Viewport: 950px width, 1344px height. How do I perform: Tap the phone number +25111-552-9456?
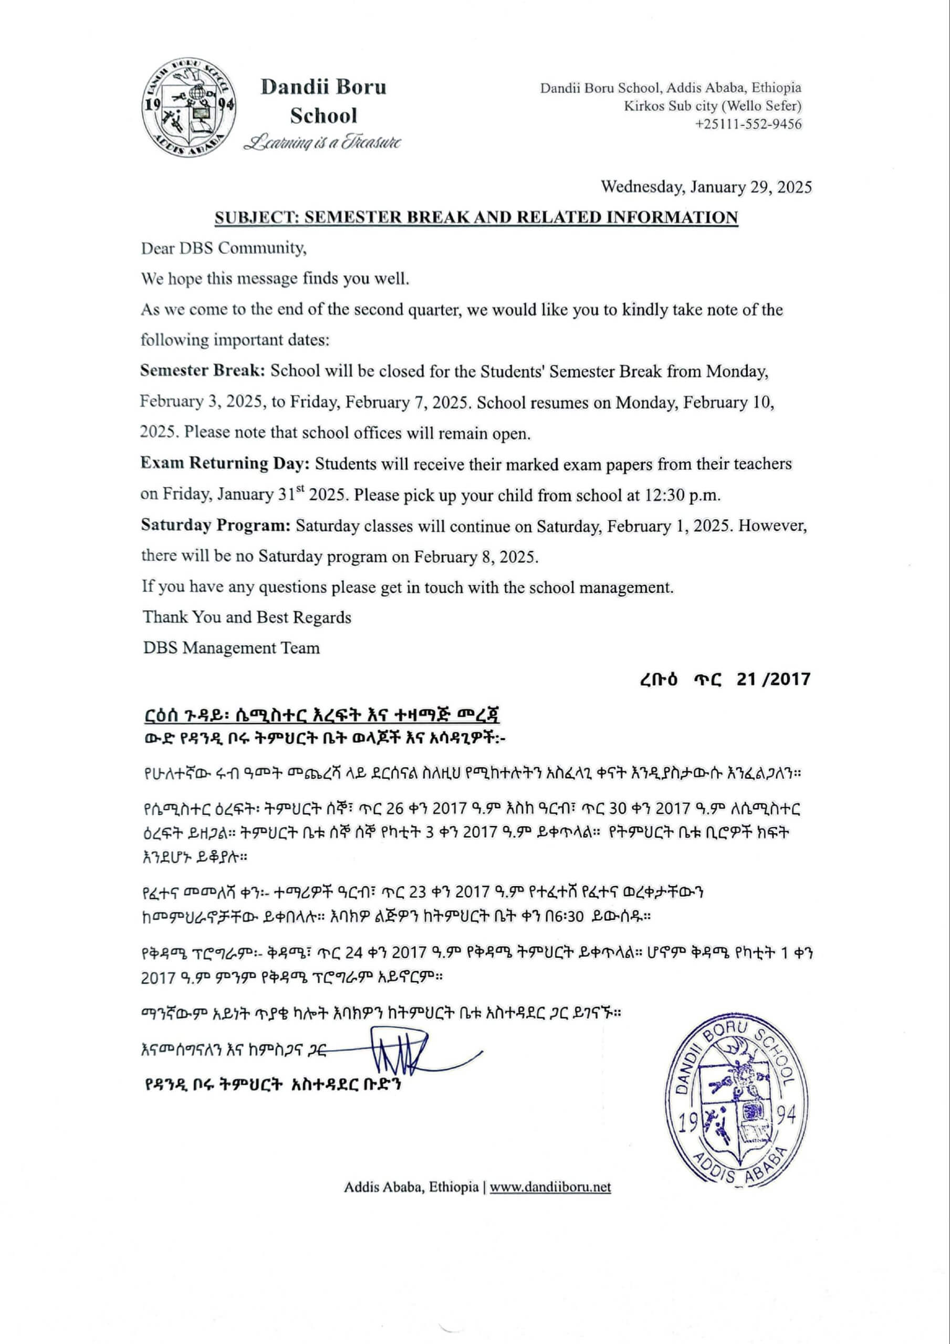(748, 124)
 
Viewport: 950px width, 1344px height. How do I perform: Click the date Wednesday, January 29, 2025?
(706, 187)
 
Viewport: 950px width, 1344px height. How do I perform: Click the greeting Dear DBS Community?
(223, 248)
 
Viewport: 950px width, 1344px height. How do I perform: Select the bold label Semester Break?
(203, 371)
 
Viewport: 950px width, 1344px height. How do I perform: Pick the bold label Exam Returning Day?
(225, 463)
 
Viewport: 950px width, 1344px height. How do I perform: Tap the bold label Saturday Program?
(215, 525)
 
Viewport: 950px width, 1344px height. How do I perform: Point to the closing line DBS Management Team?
(232, 648)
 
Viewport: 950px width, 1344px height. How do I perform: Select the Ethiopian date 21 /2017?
(773, 679)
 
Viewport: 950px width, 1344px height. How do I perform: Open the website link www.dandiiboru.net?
(550, 1187)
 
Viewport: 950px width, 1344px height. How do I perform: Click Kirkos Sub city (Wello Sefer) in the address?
(712, 106)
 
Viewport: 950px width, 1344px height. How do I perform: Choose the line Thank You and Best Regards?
(247, 617)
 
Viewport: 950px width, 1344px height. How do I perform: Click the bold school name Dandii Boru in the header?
(323, 87)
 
